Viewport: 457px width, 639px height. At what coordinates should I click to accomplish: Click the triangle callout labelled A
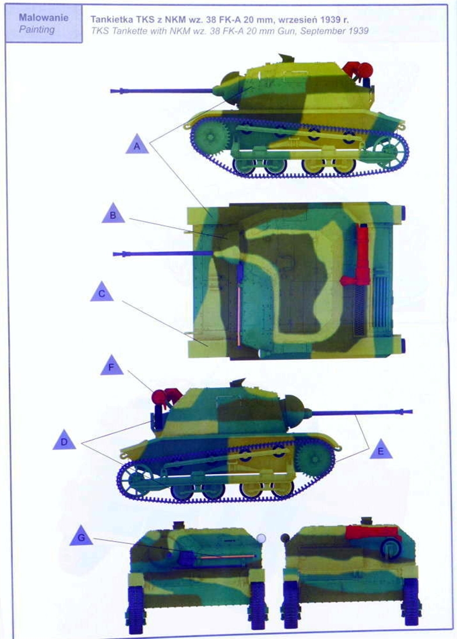tap(137, 145)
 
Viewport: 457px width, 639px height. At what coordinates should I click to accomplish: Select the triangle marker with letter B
tap(113, 215)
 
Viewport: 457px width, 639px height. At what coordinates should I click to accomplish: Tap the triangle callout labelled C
tap(102, 292)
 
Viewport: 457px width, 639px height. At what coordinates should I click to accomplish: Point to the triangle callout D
tap(64, 441)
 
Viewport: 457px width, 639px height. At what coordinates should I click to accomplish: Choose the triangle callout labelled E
tap(381, 450)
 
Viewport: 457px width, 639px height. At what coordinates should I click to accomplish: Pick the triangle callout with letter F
tap(111, 366)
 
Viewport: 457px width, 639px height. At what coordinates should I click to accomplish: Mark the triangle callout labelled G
tap(81, 536)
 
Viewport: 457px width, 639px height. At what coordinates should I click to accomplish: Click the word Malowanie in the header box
tap(44, 17)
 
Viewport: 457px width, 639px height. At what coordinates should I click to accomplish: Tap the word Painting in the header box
tap(37, 30)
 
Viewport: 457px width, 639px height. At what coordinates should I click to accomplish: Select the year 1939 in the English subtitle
tap(358, 31)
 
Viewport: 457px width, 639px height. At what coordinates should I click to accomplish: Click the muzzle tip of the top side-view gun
tap(111, 91)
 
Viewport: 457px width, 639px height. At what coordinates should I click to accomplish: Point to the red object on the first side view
tap(358, 69)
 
